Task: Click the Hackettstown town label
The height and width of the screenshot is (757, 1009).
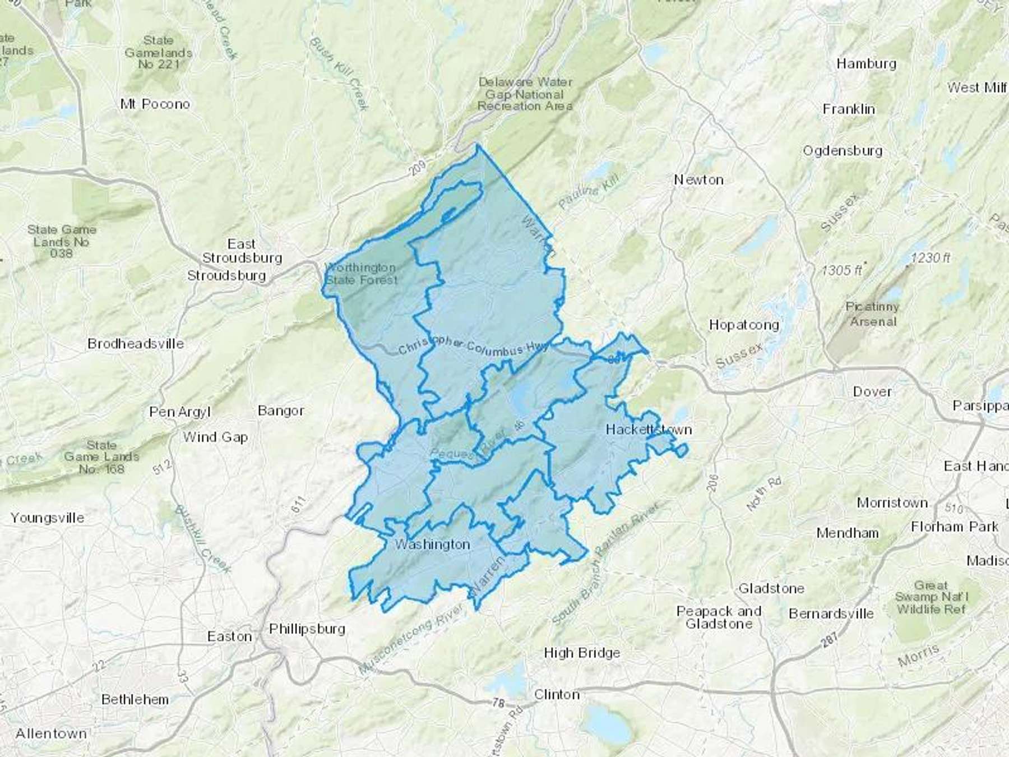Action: pyautogui.click(x=649, y=430)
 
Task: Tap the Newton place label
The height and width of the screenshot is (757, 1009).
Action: pyautogui.click(x=698, y=179)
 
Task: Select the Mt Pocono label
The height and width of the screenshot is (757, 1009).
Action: pyautogui.click(x=155, y=104)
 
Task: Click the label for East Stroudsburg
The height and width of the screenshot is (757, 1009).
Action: pyautogui.click(x=242, y=251)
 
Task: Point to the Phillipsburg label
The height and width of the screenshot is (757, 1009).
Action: pyautogui.click(x=307, y=629)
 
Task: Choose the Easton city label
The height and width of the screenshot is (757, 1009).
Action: pyautogui.click(x=229, y=636)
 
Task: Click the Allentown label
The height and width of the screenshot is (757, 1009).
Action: pyautogui.click(x=51, y=733)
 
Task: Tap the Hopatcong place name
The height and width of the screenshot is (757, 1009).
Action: pyautogui.click(x=744, y=325)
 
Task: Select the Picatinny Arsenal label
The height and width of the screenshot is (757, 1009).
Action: pyautogui.click(x=873, y=314)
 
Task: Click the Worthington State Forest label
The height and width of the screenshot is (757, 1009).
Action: pyautogui.click(x=362, y=274)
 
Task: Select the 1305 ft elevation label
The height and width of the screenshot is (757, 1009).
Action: pyautogui.click(x=843, y=270)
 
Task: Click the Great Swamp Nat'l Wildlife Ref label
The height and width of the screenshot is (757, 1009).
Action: pyautogui.click(x=931, y=597)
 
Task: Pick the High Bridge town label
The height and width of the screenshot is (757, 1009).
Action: pyautogui.click(x=582, y=653)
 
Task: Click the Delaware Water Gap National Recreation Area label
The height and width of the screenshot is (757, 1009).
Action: pyautogui.click(x=525, y=94)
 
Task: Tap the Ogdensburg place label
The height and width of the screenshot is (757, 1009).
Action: pyautogui.click(x=843, y=150)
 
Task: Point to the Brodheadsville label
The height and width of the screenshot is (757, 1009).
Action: pyautogui.click(x=136, y=343)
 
